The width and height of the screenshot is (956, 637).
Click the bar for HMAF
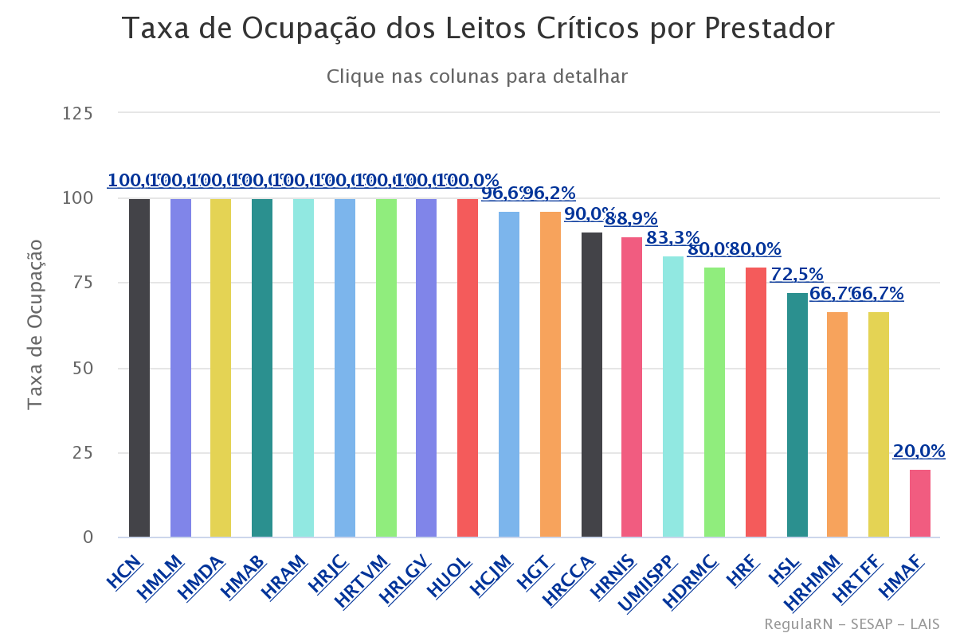pos(919,503)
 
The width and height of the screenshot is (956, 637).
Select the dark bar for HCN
pos(139,368)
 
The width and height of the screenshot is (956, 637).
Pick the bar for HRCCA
pos(592,385)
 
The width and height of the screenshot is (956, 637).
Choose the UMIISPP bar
pos(673,397)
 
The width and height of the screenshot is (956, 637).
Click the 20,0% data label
pos(919,451)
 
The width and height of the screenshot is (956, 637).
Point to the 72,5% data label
pos(797,275)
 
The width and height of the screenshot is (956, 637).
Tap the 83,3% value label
pos(672,238)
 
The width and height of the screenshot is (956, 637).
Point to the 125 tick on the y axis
pos(78,113)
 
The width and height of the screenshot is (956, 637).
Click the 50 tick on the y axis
pos(83,368)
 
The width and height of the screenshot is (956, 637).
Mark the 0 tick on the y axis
pos(88,537)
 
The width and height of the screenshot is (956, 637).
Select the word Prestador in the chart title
pos(769,29)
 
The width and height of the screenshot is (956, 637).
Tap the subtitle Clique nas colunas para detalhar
pos(477,76)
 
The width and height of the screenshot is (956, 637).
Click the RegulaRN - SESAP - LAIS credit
pos(852,623)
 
